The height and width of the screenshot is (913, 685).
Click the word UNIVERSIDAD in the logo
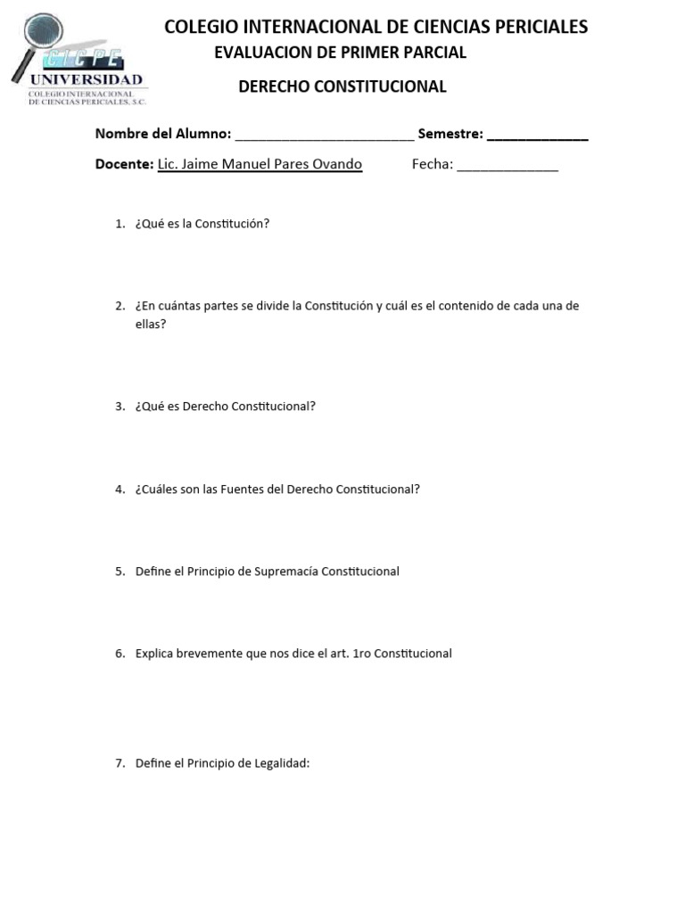pyautogui.click(x=86, y=80)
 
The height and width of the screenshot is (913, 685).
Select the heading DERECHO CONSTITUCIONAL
pyautogui.click(x=342, y=86)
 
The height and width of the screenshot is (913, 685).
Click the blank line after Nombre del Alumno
pyautogui.click(x=324, y=136)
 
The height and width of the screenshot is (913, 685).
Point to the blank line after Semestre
pyautogui.click(x=537, y=136)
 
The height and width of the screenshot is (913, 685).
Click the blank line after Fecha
pyautogui.click(x=508, y=166)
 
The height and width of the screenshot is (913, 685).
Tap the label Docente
pyautogui.click(x=124, y=164)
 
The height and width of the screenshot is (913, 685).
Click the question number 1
pyautogui.click(x=120, y=224)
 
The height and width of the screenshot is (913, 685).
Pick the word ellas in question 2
pyautogui.click(x=149, y=325)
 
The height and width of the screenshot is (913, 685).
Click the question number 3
pyautogui.click(x=120, y=407)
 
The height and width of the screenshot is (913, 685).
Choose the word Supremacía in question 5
pyautogui.click(x=285, y=572)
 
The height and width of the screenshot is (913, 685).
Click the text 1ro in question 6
pyautogui.click(x=361, y=654)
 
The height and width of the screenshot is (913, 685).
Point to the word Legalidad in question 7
pyautogui.click(x=280, y=763)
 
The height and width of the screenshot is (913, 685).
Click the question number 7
pyautogui.click(x=120, y=763)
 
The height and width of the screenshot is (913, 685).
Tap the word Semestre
pyautogui.click(x=450, y=134)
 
